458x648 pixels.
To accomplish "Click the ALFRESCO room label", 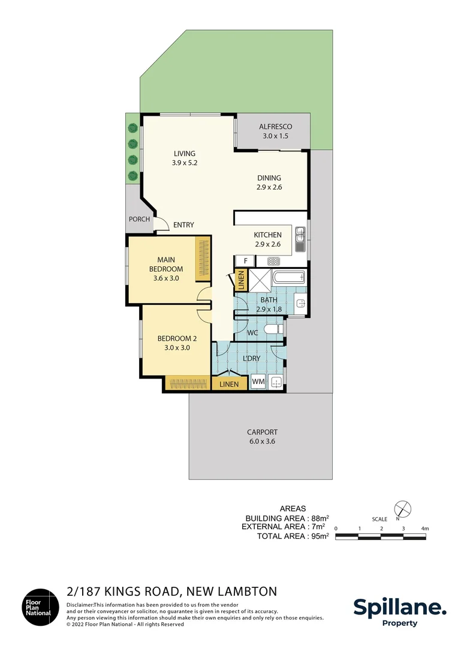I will [x=275, y=131].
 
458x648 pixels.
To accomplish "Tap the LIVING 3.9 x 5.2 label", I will [x=185, y=158].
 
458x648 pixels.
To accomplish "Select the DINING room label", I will [x=269, y=182].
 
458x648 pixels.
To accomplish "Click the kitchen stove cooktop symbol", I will [x=274, y=261].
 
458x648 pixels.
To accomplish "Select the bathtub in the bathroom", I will [x=288, y=278].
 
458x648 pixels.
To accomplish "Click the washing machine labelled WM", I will [x=258, y=382].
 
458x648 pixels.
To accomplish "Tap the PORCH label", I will [x=139, y=219].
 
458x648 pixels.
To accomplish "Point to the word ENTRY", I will [x=183, y=225].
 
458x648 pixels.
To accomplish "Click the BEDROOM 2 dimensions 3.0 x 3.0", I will [x=177, y=347].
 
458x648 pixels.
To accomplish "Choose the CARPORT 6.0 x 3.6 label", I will [x=262, y=436].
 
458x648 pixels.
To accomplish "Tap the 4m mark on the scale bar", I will [x=424, y=529].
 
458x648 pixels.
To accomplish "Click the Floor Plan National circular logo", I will [x=41, y=607].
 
